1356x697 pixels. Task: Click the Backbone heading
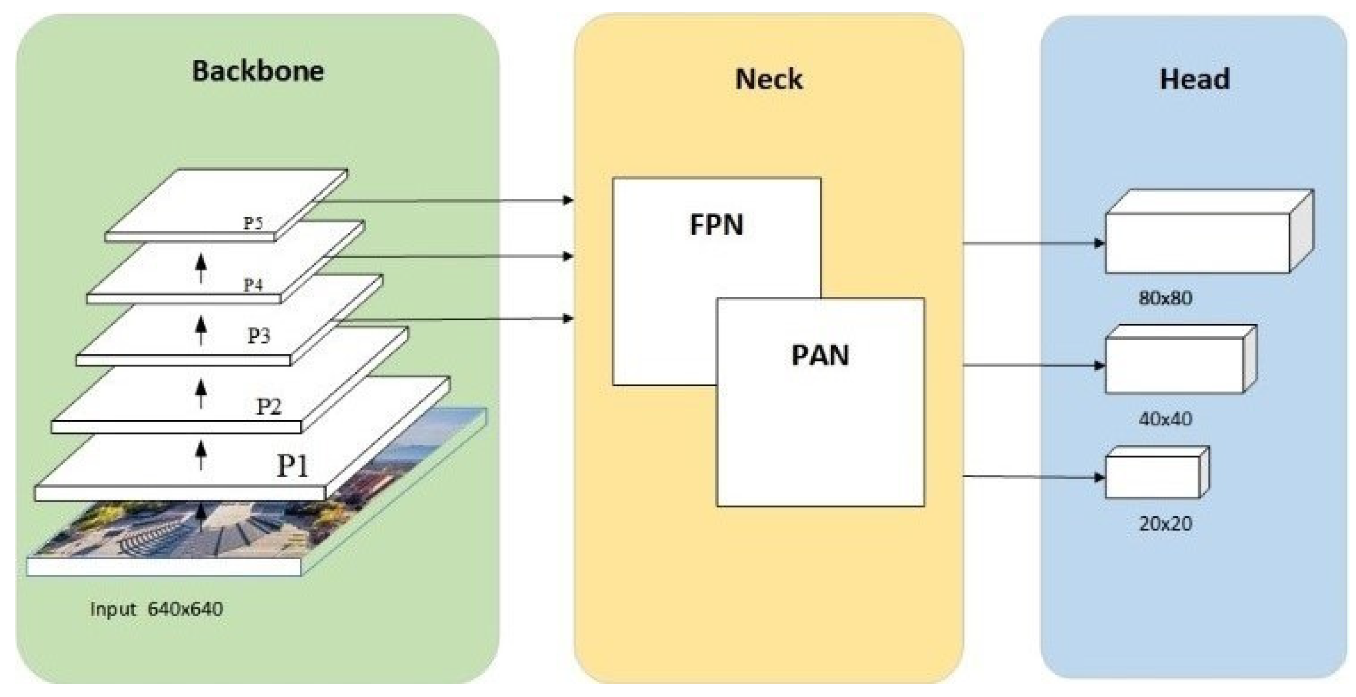[258, 71]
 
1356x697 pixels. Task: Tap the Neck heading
[769, 80]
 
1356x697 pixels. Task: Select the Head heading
[1194, 80]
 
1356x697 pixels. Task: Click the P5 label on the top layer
[253, 223]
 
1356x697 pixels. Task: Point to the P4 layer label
[253, 285]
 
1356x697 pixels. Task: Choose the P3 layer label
[259, 335]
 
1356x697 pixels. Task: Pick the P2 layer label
[269, 406]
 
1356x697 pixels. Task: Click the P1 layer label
[293, 465]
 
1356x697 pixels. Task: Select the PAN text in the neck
[820, 355]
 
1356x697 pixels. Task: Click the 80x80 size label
[1165, 299]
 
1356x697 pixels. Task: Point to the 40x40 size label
[1165, 419]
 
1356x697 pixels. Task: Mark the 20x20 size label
[1165, 524]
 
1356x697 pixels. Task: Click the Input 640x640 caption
[156, 609]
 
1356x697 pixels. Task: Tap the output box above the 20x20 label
[1153, 477]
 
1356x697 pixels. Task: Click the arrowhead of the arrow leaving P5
[568, 200]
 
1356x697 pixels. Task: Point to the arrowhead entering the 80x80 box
[1099, 243]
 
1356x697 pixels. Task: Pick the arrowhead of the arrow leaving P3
[568, 318]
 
